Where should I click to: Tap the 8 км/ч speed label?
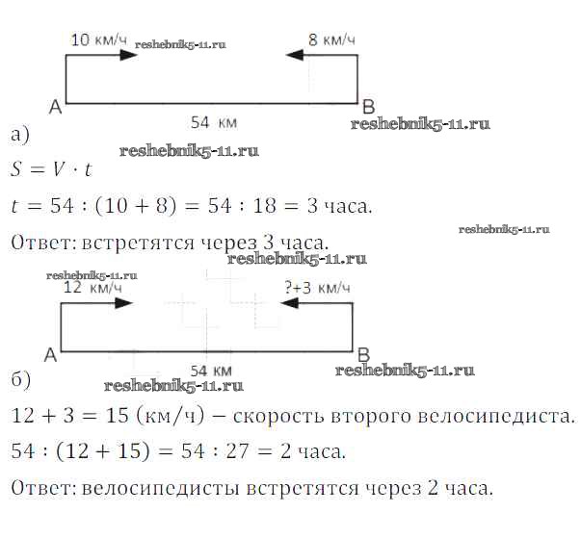[331, 39]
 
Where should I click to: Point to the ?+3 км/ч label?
[317, 287]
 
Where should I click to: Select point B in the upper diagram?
[367, 105]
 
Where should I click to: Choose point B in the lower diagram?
[363, 353]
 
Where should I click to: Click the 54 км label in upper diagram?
[213, 123]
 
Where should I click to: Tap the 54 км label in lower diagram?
[211, 371]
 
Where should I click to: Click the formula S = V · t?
[52, 171]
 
